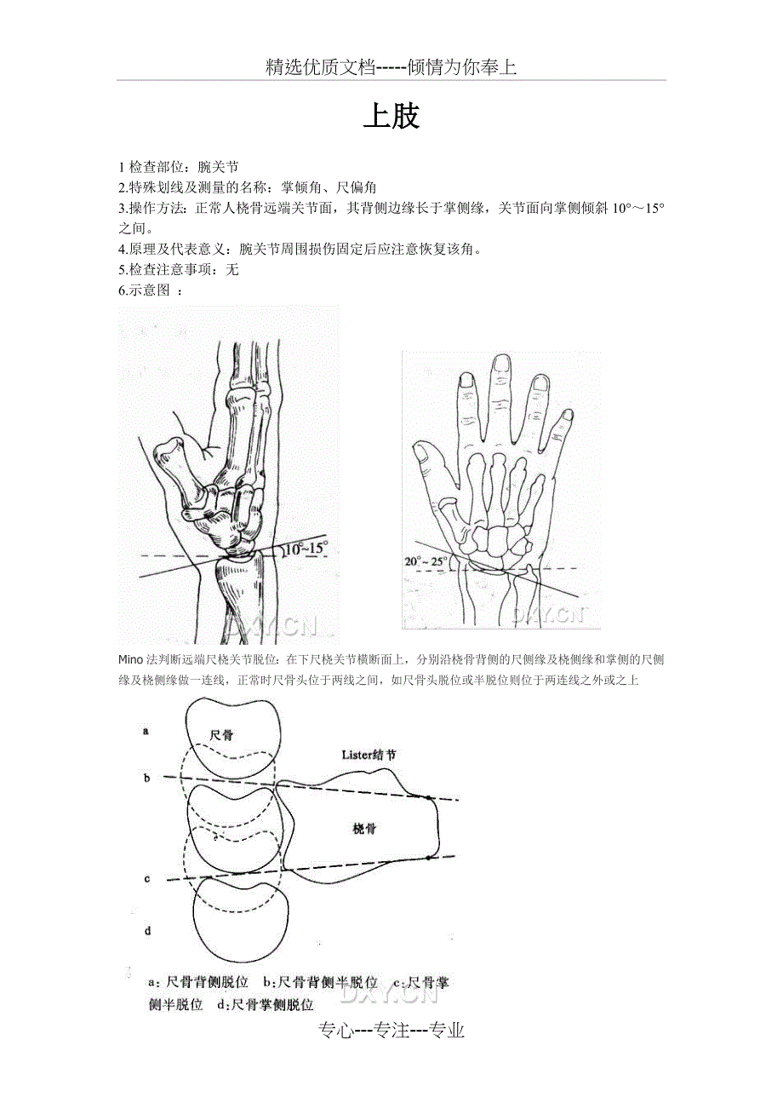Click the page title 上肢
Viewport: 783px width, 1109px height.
391,117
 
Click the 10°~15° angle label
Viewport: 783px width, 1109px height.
306,549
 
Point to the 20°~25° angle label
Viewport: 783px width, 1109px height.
426,561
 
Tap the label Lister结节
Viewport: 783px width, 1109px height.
369,755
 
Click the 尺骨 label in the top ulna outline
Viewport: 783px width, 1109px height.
221,735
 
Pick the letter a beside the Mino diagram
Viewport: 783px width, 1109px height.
146,731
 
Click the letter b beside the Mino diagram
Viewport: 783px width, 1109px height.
146,779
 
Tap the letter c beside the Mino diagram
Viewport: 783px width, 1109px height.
147,879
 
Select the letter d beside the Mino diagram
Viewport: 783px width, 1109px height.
147,931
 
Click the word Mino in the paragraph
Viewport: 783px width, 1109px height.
130,659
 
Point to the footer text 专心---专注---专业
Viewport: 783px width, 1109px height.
391,1030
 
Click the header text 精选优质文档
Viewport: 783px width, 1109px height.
321,67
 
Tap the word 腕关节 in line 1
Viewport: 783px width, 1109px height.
218,167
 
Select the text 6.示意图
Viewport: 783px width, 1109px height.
144,290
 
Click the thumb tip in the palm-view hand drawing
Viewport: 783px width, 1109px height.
421,451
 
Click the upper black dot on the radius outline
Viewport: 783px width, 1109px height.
428,797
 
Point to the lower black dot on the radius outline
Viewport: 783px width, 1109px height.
428,858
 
